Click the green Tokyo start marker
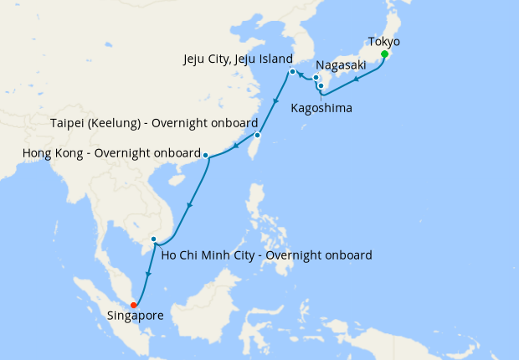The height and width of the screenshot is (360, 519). tap(384, 55)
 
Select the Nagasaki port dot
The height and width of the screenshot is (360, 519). tap(316, 78)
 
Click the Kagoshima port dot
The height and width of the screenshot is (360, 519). tap(321, 85)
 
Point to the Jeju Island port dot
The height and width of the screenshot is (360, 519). tap(292, 72)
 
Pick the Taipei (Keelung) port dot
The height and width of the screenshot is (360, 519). tap(258, 135)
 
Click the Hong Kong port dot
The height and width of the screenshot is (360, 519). tap(205, 155)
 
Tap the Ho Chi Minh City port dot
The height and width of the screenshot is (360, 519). tap(153, 240)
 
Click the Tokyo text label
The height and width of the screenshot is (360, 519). tap(384, 41)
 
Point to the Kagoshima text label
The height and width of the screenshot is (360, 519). tap(321, 108)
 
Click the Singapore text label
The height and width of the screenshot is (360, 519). tap(136, 316)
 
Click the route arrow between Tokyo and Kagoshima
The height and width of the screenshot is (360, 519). tap(357, 80)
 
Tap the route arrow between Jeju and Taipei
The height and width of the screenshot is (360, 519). tap(275, 103)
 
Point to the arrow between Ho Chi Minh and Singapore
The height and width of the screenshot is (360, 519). tap(147, 275)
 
